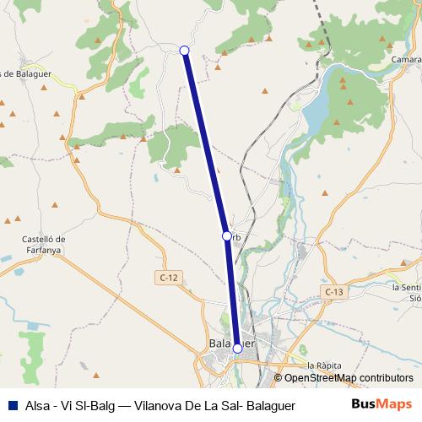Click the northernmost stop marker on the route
(185, 51)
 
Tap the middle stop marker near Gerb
(226, 236)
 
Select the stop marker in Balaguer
(237, 348)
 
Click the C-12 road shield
(168, 277)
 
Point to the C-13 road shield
(334, 291)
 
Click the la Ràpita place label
(324, 365)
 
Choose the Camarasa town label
(408, 60)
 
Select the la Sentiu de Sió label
(406, 292)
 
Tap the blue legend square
(12, 405)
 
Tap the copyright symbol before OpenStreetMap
(278, 378)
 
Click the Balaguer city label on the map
(221, 344)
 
